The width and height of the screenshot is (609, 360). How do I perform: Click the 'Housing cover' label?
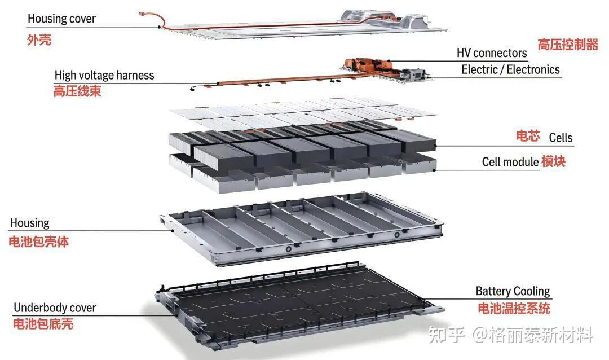tap(61, 19)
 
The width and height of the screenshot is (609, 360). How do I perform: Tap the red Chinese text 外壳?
tap(39, 40)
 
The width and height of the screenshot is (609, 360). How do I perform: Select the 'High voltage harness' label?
tap(104, 75)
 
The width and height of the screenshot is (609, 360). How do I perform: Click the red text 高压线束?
tap(77, 91)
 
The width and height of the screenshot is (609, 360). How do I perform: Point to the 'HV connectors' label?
tap(491, 53)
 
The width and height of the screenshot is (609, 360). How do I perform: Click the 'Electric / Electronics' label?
tap(510, 69)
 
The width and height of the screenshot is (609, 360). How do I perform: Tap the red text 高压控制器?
tap(567, 45)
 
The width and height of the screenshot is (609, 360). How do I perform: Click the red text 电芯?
tap(528, 136)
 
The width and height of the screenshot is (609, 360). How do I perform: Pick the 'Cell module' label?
tap(510, 162)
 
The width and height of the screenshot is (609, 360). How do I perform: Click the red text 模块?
tap(553, 161)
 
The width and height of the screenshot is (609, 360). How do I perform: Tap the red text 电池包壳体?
tap(39, 242)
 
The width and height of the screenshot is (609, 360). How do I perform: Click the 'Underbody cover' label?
tap(55, 308)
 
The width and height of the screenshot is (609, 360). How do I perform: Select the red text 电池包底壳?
tap(43, 324)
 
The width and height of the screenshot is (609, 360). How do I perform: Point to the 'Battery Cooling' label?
tap(513, 292)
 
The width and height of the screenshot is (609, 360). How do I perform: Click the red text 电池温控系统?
tap(514, 308)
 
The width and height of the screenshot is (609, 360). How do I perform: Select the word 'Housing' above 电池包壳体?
tap(29, 223)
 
